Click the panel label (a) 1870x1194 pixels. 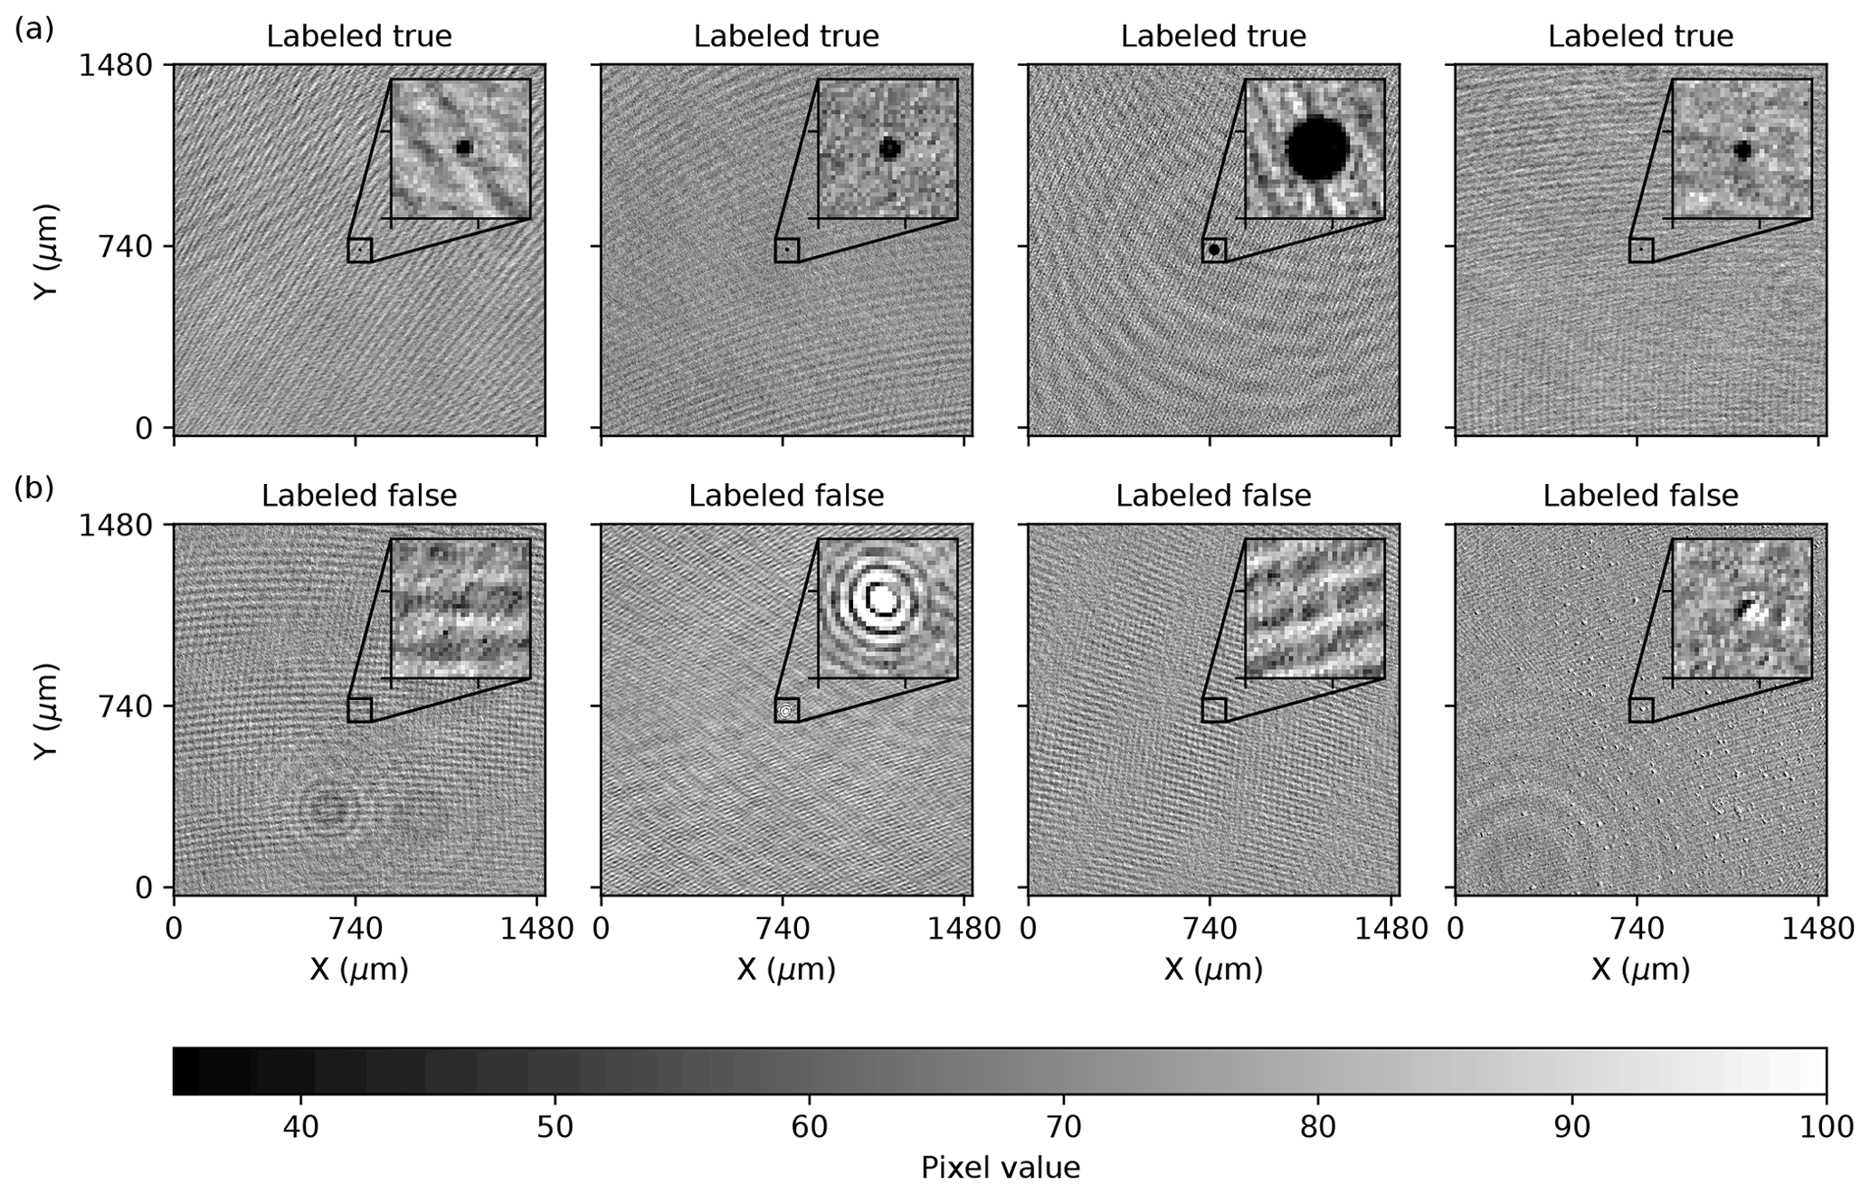[x=34, y=30]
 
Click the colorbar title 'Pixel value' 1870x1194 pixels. [x=1000, y=1168]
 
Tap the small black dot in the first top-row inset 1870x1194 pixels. [x=464, y=147]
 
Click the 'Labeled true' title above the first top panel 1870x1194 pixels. [x=359, y=36]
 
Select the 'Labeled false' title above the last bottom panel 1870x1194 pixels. [x=1640, y=496]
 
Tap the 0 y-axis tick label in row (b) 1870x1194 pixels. [x=143, y=887]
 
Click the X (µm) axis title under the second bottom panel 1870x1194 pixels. [x=785, y=970]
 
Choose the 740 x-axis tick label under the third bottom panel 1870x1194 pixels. [x=1210, y=929]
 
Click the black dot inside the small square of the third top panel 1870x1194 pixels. [x=1214, y=250]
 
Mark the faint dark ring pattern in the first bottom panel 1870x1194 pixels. [x=327, y=808]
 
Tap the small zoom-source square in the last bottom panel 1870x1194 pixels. [x=1641, y=710]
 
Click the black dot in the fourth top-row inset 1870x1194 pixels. [x=1742, y=151]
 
